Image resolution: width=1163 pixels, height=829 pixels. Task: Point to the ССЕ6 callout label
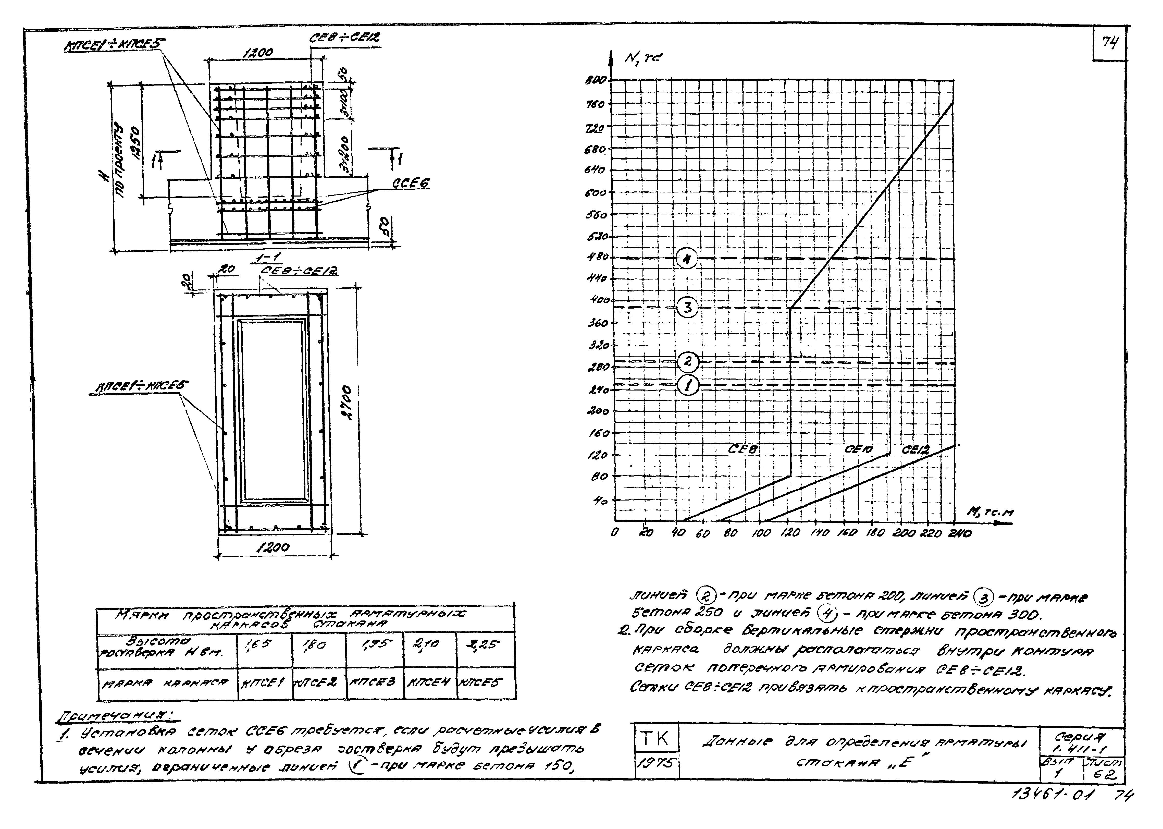(411, 183)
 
